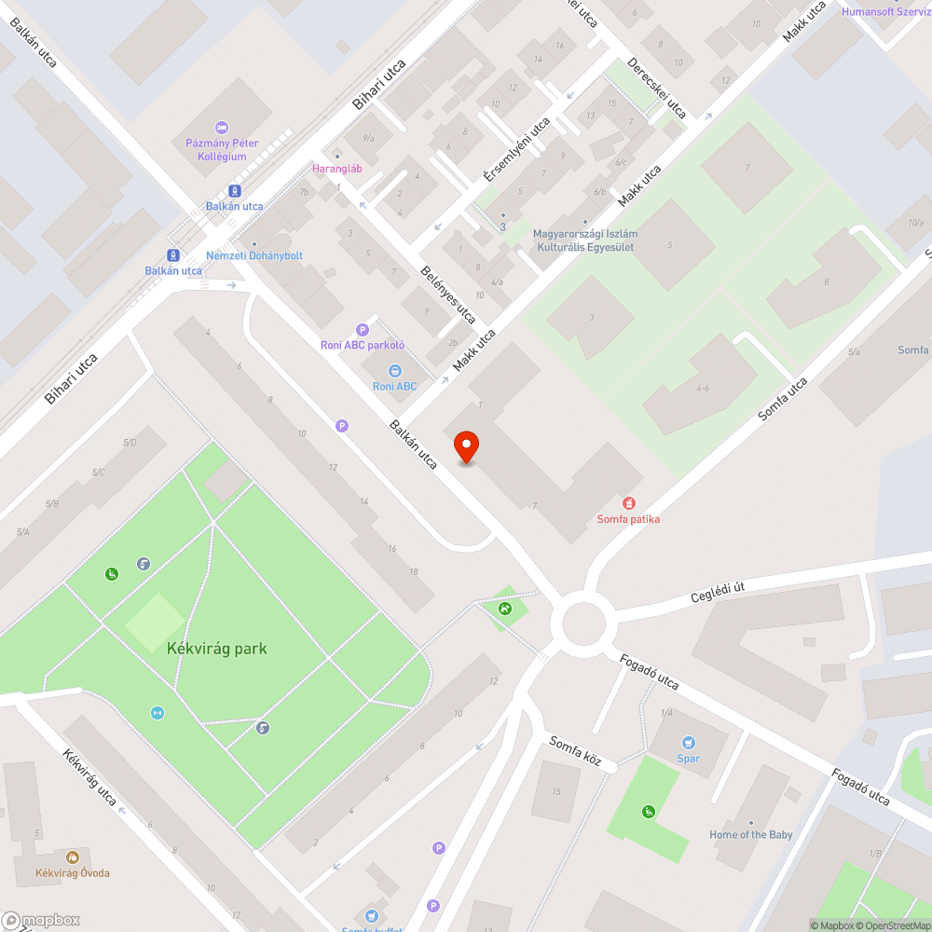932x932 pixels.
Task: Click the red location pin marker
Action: pyautogui.click(x=465, y=447)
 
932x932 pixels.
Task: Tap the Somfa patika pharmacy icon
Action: pyautogui.click(x=629, y=503)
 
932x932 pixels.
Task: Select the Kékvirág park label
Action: pyautogui.click(x=217, y=648)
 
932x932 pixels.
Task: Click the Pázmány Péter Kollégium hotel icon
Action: pyautogui.click(x=221, y=127)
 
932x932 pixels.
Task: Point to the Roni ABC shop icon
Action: pyautogui.click(x=394, y=371)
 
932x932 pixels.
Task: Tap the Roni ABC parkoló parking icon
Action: pyautogui.click(x=363, y=329)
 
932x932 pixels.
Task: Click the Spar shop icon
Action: pyautogui.click(x=688, y=743)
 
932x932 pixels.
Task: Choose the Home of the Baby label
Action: pyautogui.click(x=751, y=834)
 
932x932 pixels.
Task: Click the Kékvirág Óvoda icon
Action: pyautogui.click(x=73, y=857)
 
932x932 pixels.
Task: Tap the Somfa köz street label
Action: pyautogui.click(x=576, y=751)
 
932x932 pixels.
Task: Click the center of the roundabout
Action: pyautogui.click(x=583, y=623)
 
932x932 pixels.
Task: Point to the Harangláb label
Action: pyautogui.click(x=336, y=169)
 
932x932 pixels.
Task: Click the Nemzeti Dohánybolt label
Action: pyautogui.click(x=254, y=255)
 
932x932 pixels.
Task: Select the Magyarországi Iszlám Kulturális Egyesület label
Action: pyautogui.click(x=583, y=240)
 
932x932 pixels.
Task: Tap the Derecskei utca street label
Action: pyautogui.click(x=657, y=89)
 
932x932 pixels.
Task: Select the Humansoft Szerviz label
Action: pyautogui.click(x=885, y=11)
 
